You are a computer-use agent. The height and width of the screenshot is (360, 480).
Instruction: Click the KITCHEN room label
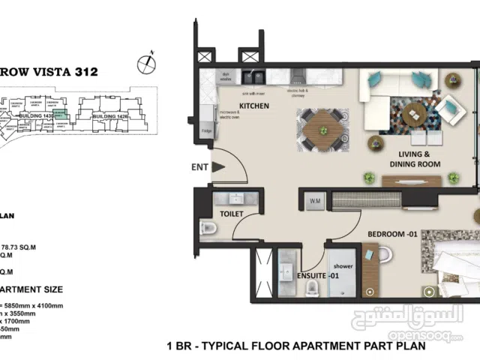[x=253, y=106]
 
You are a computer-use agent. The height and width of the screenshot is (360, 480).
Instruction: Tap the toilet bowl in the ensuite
[x=382, y=256]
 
